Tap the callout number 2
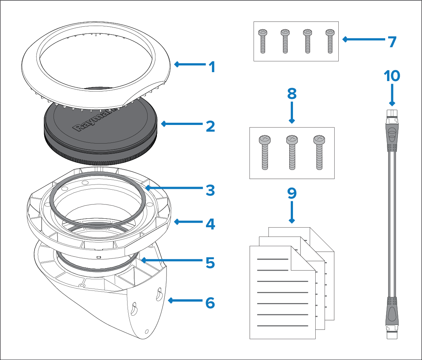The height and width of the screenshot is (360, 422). pos(210,126)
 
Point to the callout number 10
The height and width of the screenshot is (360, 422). pos(392,76)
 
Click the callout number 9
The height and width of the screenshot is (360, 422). pos(292,193)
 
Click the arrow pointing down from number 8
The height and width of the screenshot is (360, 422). pos(292,112)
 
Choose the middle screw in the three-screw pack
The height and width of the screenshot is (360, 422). pos(292,152)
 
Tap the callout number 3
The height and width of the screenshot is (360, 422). pos(210,190)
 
